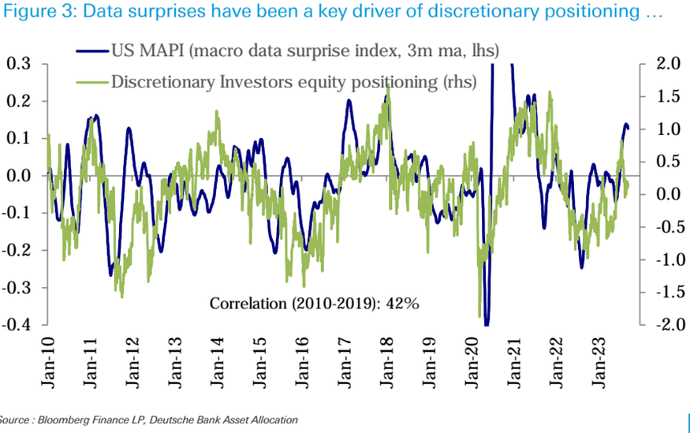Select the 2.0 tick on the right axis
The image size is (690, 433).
(x=668, y=64)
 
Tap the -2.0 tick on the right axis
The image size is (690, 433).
(x=666, y=325)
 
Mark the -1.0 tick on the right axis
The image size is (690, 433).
(x=666, y=259)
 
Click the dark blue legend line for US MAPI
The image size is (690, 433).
(x=91, y=50)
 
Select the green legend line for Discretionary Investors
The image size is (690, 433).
(x=91, y=81)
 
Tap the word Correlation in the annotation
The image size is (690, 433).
(x=247, y=304)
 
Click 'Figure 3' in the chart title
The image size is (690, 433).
(x=35, y=13)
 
